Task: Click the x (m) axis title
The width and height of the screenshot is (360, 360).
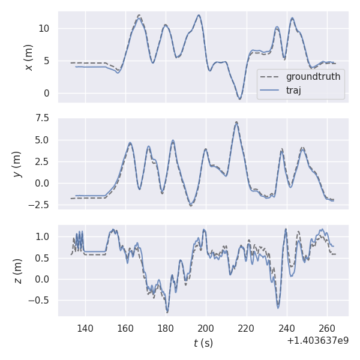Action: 28,57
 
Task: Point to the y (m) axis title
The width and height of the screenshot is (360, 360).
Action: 17,163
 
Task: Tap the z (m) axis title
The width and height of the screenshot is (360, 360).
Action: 17,271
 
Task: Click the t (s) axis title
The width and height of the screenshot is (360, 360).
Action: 203,343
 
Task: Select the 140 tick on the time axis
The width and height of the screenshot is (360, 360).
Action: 85,328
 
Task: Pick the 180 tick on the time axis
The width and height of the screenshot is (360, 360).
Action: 166,328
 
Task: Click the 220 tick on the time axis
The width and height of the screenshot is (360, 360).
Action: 246,328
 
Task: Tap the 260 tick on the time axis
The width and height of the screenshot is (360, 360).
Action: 326,328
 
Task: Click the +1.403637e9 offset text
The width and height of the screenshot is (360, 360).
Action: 317,341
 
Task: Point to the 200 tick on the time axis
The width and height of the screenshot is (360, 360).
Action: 206,328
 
